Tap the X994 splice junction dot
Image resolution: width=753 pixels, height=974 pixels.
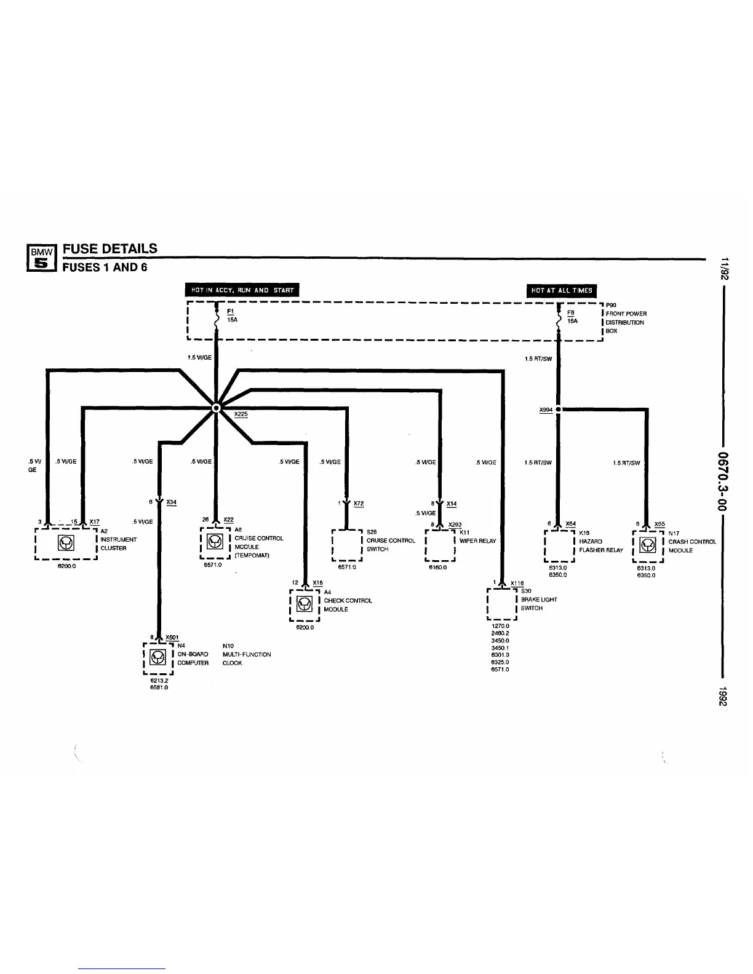coord(558,409)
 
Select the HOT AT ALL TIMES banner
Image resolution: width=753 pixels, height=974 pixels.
coord(562,290)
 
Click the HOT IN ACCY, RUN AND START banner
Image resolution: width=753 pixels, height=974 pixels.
coord(242,290)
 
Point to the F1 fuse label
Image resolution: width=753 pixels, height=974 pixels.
coord(230,312)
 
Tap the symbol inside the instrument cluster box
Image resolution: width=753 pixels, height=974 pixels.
coord(66,543)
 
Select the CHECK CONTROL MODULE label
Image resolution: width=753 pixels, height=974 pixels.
coord(348,604)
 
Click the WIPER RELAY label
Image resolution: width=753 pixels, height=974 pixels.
coord(477,541)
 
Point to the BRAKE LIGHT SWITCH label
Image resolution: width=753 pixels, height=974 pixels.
coord(538,603)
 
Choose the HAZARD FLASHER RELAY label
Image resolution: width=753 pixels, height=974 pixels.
coord(600,545)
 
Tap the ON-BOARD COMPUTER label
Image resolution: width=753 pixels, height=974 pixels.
coord(193,659)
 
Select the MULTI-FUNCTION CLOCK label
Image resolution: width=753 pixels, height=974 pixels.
coord(246,659)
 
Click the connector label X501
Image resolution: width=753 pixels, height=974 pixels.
coord(172,637)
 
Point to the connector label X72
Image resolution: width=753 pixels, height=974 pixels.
coord(359,504)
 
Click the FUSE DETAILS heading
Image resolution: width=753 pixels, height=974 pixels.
coord(110,248)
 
